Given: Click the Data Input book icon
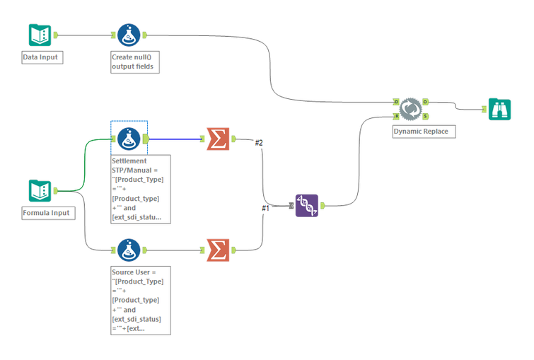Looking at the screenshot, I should click(40, 35).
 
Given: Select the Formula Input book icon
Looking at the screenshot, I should click(40, 190).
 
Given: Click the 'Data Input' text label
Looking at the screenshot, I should click(42, 57).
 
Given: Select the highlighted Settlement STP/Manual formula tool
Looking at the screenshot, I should click(128, 138).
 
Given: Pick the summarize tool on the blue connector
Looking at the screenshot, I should click(218, 139).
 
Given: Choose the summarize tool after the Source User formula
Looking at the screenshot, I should click(218, 250).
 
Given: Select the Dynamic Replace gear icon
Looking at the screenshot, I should click(410, 109).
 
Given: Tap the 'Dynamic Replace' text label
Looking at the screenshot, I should click(420, 132).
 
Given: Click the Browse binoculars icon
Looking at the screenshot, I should click(499, 109).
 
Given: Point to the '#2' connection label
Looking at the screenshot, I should click(259, 144).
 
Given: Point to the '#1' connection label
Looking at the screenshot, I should click(266, 208).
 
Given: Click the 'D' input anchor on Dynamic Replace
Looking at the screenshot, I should click(396, 102).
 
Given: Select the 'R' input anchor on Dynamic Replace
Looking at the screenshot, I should click(396, 115).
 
